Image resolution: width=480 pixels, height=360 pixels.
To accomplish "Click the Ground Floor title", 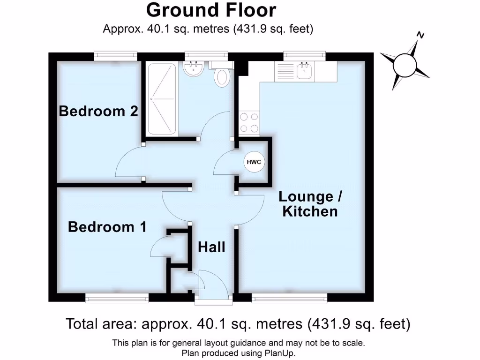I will [211, 10].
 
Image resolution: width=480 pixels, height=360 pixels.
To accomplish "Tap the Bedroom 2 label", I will [98, 112].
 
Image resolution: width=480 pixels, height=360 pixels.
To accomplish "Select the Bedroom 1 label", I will [107, 227].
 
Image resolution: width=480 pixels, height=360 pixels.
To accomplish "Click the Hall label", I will [211, 247].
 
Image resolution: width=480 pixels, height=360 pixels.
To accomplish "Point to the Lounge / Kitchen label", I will [310, 204].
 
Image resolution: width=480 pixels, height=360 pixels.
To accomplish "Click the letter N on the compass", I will [421, 35].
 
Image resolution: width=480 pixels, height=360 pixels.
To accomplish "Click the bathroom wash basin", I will [193, 69].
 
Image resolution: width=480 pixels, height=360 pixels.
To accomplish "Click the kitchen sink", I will [306, 71].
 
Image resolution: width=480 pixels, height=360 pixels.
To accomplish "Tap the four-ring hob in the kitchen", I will [249, 122].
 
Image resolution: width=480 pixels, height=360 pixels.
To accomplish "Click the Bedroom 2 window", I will [116, 56].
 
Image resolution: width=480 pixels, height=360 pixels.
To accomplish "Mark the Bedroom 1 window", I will [117, 298].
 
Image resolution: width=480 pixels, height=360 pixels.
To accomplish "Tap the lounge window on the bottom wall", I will [289, 298].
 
